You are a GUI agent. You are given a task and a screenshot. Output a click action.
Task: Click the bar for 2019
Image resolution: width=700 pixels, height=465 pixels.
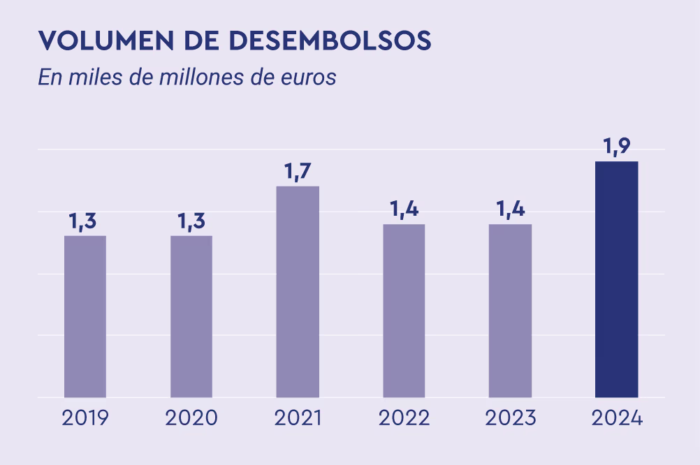[85, 316]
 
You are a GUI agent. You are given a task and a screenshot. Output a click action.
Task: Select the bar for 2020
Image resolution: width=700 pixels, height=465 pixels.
[191, 316]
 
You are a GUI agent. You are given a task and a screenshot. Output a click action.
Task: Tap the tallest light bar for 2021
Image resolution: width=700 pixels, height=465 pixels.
[298, 292]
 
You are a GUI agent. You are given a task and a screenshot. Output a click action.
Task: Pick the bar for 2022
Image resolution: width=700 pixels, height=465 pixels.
[404, 311]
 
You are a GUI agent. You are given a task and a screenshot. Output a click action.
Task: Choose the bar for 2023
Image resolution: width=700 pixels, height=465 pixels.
[510, 311]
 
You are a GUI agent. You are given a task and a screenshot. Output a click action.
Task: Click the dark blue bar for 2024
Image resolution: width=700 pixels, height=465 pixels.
[616, 279]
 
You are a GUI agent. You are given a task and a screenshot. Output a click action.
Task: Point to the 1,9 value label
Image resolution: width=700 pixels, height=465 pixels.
[616, 147]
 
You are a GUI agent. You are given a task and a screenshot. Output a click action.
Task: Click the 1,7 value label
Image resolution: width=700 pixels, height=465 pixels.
[298, 172]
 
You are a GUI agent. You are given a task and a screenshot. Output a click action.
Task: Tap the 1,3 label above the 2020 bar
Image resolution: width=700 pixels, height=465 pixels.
[191, 221]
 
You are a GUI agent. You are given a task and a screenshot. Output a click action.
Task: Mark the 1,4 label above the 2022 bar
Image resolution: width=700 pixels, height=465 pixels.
[403, 209]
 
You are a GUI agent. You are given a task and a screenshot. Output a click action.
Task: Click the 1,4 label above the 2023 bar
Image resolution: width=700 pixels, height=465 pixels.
[510, 209]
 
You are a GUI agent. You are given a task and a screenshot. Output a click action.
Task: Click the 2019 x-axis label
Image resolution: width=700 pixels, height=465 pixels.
[85, 418]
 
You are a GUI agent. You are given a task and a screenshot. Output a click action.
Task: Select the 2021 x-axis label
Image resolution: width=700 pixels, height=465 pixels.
[298, 418]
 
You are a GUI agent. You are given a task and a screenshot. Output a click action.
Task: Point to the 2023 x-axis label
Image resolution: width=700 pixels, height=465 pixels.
[510, 418]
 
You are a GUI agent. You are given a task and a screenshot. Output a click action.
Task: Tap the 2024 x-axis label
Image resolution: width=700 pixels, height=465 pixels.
[616, 418]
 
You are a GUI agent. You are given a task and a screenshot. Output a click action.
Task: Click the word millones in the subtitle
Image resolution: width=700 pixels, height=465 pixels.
[189, 77]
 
